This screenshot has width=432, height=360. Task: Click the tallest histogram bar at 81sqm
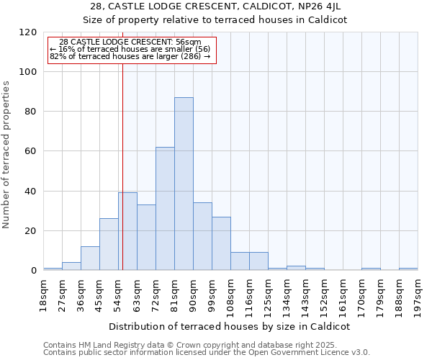[x=184, y=184]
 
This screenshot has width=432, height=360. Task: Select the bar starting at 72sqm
[x=165, y=209]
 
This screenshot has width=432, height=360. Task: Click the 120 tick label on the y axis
[x=28, y=32]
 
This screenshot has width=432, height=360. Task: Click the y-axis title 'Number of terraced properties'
[x=7, y=155]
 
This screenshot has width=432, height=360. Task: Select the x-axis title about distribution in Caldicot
[x=230, y=326]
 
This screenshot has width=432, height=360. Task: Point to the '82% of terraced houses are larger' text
[x=130, y=56]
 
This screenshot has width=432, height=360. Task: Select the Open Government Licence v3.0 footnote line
[x=207, y=353]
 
